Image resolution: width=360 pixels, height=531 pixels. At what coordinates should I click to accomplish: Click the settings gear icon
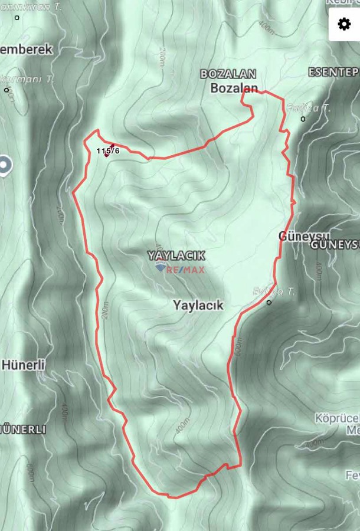[344, 24]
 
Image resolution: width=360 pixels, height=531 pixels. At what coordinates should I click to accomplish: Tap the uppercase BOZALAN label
[228, 74]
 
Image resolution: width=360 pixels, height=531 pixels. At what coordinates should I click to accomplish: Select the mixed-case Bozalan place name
[234, 88]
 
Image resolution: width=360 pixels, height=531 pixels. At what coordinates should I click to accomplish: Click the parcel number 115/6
[108, 151]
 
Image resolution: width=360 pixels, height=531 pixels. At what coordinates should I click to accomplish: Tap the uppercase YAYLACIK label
[176, 255]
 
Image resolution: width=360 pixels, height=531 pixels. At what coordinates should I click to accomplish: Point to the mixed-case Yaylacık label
[198, 305]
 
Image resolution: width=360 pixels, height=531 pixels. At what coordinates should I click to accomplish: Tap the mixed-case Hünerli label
[24, 365]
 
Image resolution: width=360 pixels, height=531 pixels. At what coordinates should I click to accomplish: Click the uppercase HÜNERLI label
[24, 430]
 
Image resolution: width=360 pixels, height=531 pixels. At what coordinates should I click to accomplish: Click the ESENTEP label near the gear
[333, 72]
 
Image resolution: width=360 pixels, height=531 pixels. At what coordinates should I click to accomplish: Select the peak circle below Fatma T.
[303, 119]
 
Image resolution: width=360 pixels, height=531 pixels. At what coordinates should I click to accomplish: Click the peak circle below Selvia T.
[269, 303]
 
